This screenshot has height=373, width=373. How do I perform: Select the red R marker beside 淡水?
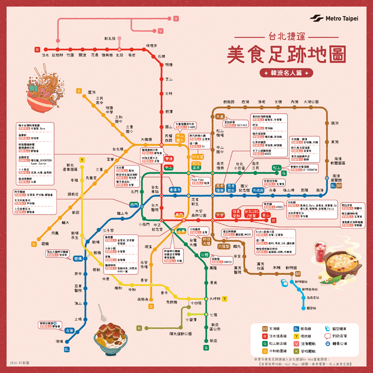pyautogui.click(x=37, y=49)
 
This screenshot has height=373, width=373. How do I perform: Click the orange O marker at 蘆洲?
pyautogui.click(x=79, y=91)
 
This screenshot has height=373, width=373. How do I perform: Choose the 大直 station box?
pyautogui.click(x=220, y=116)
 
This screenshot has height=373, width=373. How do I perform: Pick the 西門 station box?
pyautogui.click(x=134, y=205)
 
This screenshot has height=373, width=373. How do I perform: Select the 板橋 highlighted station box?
pyautogui.click(x=78, y=258)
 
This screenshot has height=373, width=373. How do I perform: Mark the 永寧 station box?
pyautogui.click(x=69, y=330)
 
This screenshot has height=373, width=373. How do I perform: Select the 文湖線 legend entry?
pyautogui.click(x=266, y=329)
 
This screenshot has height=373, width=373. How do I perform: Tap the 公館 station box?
pyautogui.click(x=204, y=255)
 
